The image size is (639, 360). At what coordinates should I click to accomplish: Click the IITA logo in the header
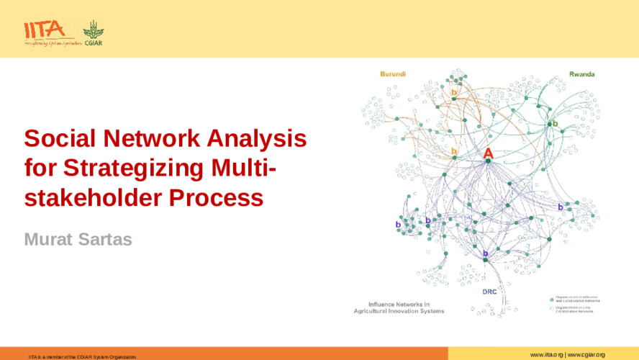click(x=45, y=31)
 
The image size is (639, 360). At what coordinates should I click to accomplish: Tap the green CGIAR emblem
click(x=93, y=32)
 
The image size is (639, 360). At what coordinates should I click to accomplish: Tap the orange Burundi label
click(x=393, y=74)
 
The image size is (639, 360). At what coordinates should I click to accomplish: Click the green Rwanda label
click(x=581, y=74)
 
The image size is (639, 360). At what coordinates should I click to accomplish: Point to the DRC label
click(x=489, y=292)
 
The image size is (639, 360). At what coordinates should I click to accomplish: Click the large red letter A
click(x=488, y=153)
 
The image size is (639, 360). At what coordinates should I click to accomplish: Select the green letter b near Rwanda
click(x=555, y=123)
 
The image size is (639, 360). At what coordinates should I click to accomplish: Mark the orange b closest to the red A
click(x=454, y=151)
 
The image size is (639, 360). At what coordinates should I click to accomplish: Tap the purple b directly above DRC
click(x=485, y=253)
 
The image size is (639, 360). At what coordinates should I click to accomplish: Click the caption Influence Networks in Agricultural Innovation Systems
click(x=398, y=307)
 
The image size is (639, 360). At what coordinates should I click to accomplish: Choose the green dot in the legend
click(x=551, y=298)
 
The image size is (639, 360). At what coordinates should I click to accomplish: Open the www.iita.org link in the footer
click(x=546, y=355)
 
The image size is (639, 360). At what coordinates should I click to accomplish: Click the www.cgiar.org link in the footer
click(x=586, y=355)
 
